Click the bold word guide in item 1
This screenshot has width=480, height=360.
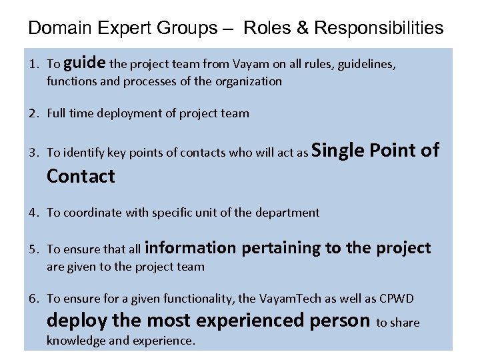click(x=86, y=63)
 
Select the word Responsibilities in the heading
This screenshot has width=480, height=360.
click(x=379, y=28)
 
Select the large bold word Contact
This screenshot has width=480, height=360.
click(x=81, y=177)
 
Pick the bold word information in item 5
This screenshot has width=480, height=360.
click(x=190, y=248)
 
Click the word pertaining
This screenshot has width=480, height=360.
click(x=281, y=248)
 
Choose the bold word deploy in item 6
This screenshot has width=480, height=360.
click(x=77, y=321)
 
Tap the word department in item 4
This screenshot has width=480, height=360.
click(x=287, y=213)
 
